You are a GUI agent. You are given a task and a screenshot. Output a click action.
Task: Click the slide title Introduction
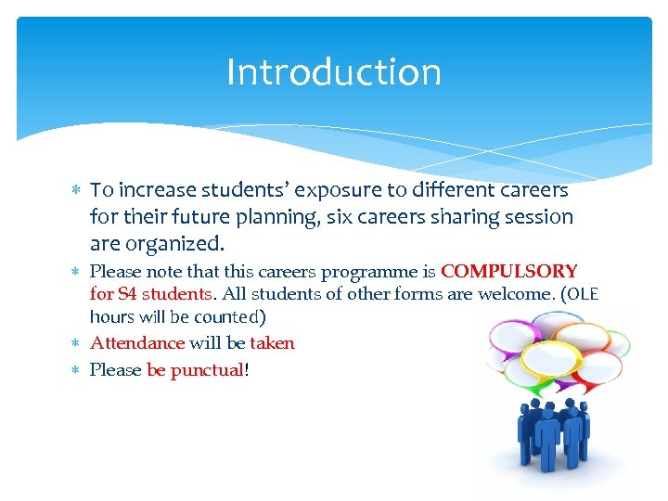point(334,72)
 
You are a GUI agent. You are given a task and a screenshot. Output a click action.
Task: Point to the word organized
point(176,245)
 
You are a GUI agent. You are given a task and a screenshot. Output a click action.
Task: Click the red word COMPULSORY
point(508,272)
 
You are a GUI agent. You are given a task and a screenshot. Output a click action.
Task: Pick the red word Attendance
point(137,343)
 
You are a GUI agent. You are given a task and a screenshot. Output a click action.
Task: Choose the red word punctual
point(206,370)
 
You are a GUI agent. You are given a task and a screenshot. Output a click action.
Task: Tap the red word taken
point(272,343)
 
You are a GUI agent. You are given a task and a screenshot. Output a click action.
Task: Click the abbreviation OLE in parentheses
point(582,294)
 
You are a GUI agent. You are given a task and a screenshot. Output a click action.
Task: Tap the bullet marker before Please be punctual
point(77,371)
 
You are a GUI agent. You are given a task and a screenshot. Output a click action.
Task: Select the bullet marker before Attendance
point(77,344)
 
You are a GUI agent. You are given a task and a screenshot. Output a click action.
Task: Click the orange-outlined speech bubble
point(582,336)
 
